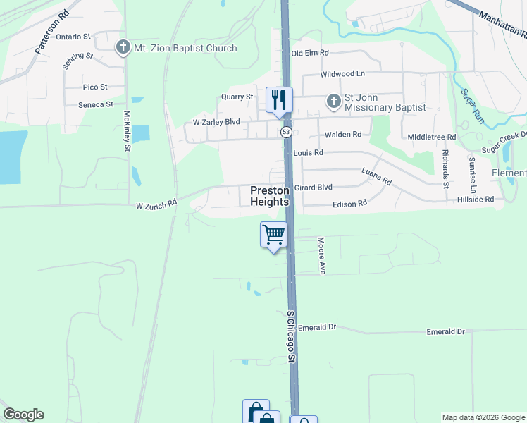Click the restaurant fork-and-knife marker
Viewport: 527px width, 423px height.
coord(279,99)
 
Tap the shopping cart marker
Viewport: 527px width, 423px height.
coord(273,234)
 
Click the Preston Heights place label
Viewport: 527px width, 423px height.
coord(270,196)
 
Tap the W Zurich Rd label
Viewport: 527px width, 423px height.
coord(156,206)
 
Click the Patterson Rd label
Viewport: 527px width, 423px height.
coord(52,42)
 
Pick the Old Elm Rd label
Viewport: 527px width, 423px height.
coord(310,53)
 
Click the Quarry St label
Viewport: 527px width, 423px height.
coord(237,97)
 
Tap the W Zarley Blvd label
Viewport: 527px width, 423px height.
coord(216,122)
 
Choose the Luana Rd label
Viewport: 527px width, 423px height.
coord(376,176)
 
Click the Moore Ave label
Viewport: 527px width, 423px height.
coord(321,255)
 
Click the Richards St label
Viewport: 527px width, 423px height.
coord(445,168)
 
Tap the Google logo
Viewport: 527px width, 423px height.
coord(23,415)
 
